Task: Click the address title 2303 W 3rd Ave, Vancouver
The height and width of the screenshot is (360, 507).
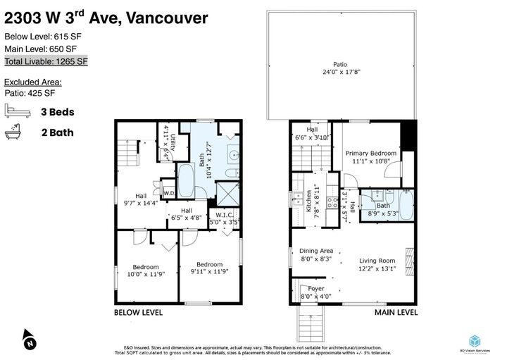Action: (106, 16)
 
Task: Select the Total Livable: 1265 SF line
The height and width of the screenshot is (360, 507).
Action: (46, 61)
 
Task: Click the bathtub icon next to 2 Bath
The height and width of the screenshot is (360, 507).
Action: (15, 131)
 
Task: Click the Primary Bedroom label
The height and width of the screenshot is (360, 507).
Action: (370, 157)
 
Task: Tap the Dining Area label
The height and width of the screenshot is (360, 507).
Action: (315, 254)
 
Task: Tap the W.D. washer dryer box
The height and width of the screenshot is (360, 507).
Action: (169, 192)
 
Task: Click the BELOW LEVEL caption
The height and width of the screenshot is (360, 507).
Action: (139, 312)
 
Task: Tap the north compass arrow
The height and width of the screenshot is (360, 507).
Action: (27, 339)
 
